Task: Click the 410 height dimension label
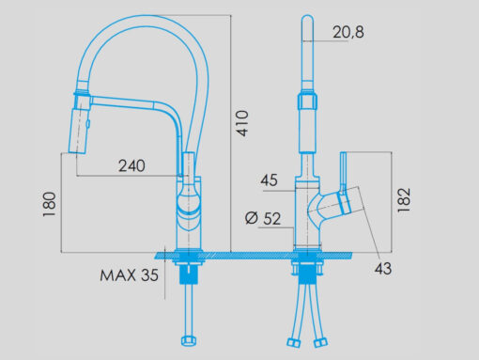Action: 242,123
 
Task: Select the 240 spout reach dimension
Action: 131,165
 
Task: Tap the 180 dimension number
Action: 49,204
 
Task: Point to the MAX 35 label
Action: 129,275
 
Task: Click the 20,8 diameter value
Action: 348,32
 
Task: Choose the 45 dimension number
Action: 269,180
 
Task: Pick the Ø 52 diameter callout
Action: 263,218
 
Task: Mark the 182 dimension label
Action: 404,200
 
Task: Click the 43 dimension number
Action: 383,269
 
